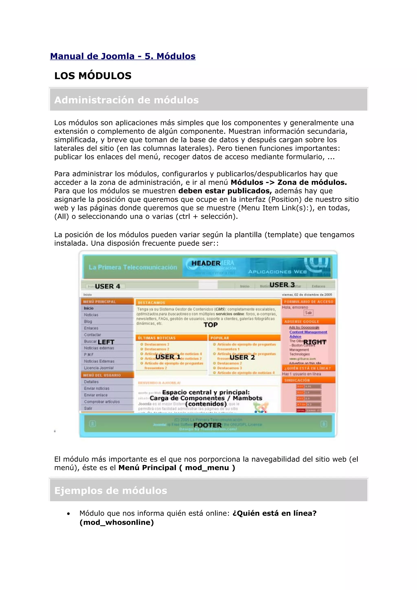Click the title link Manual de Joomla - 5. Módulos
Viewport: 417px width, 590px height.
tap(123, 56)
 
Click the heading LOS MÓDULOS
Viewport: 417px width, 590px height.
tap(93, 76)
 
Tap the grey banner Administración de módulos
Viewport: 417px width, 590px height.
tap(208, 100)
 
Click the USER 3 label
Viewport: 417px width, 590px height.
tap(282, 285)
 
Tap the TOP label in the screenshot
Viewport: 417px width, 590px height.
tap(210, 325)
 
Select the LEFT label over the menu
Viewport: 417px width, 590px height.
tap(106, 342)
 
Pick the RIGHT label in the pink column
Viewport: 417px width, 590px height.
tap(315, 342)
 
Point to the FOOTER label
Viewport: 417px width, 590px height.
tap(207, 425)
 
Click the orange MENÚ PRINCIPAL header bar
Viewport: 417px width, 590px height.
tap(107, 302)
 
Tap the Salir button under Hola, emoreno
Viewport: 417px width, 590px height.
tap(308, 313)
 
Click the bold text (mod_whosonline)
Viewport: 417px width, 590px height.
tap(117, 522)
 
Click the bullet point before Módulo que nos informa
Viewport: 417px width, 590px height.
tap(68, 514)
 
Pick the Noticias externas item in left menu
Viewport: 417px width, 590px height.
tap(99, 348)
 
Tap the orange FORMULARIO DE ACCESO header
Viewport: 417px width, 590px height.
tap(308, 302)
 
